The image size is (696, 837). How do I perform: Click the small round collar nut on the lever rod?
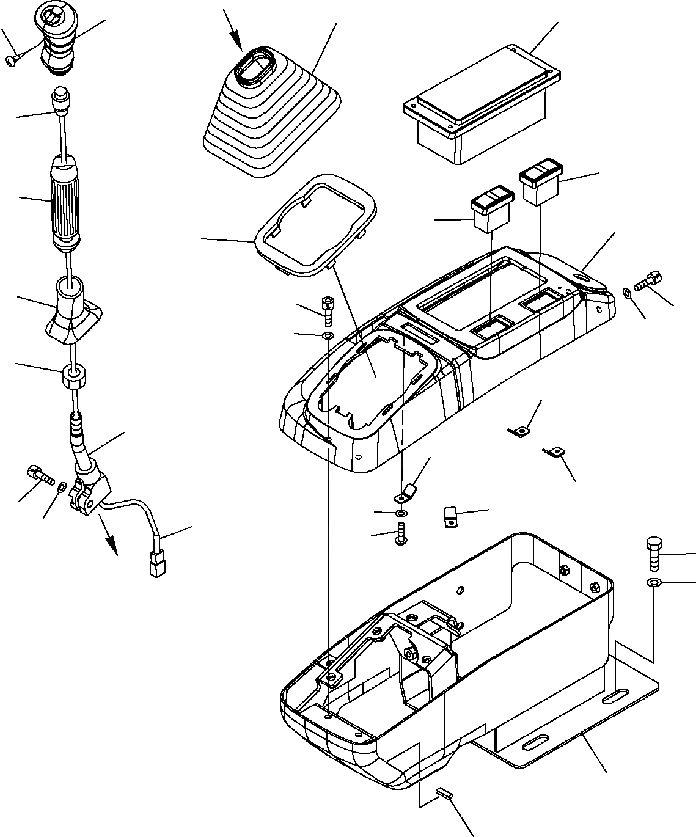[73, 377]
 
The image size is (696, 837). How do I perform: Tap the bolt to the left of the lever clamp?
[39, 474]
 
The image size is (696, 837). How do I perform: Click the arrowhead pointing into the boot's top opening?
[239, 45]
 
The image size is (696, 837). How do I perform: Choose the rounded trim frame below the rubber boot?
[317, 226]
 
